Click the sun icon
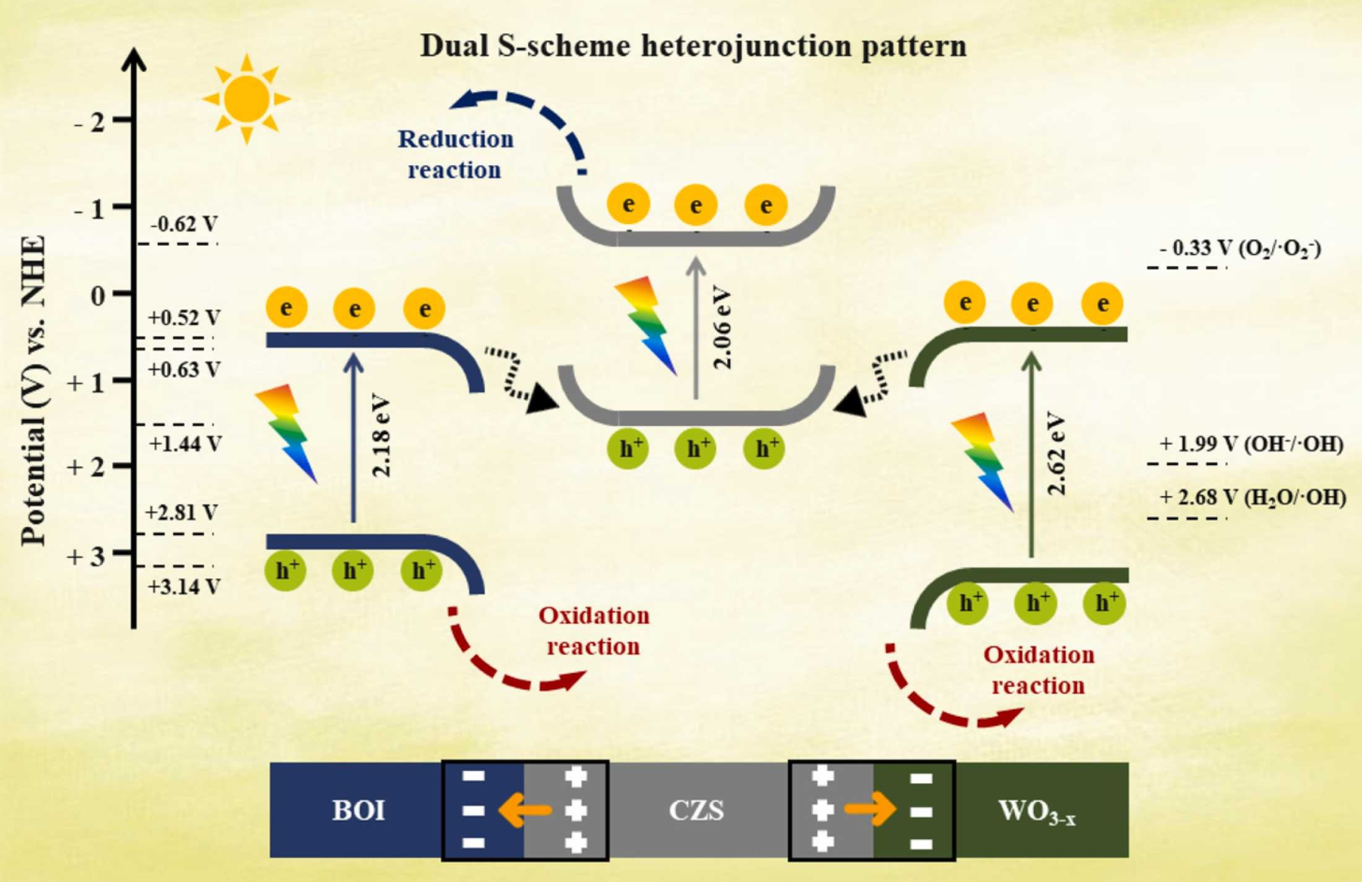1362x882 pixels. click(x=247, y=99)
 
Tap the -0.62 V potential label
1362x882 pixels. click(x=184, y=224)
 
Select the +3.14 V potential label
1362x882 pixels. click(x=184, y=587)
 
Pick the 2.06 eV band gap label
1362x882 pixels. click(x=724, y=328)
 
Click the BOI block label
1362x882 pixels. click(x=358, y=810)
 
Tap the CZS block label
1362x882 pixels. click(x=696, y=810)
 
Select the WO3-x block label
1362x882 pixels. click(x=1037, y=812)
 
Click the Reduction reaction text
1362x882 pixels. click(x=456, y=154)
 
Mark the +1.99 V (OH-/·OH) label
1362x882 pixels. click(x=1251, y=444)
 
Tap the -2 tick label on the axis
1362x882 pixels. click(x=90, y=122)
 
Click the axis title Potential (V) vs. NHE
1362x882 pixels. click(x=33, y=390)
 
